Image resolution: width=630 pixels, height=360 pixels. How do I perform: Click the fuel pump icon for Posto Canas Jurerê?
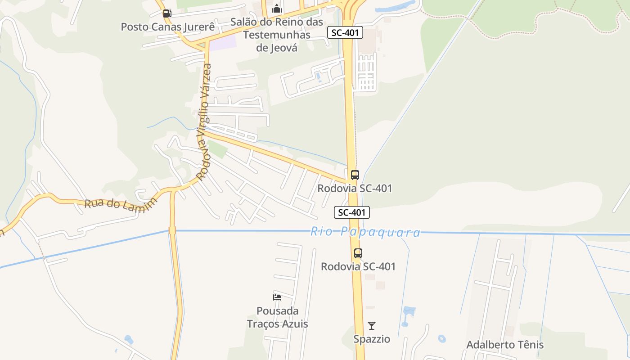pos(167,13)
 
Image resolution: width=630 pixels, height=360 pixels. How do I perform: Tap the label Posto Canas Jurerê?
pos(167,27)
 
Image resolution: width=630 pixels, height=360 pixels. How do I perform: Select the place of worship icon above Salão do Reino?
pos(276,9)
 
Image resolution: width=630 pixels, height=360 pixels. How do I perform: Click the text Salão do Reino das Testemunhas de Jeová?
pos(277,35)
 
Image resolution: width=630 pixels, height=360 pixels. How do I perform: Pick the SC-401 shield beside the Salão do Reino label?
pos(345,32)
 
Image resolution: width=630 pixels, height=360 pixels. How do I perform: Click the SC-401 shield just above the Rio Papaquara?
pos(352,212)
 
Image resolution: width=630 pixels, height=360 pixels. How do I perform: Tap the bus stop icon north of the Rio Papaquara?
pos(355,175)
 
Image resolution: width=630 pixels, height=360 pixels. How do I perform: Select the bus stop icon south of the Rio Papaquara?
pos(358,253)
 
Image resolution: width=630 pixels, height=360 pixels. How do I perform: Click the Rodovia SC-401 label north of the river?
pos(355,188)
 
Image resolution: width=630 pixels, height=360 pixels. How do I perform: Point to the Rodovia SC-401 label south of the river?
pos(358,266)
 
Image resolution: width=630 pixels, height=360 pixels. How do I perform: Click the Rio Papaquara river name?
pos(365,232)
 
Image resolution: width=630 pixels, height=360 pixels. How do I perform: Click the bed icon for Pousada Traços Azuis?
pos(277,297)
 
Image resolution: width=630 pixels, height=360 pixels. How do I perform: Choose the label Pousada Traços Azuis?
pos(277,317)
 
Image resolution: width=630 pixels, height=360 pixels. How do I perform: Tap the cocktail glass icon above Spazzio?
pos(372,326)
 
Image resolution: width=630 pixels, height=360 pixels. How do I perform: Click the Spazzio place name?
pos(372,339)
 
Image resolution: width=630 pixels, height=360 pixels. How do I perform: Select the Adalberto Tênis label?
pos(505,345)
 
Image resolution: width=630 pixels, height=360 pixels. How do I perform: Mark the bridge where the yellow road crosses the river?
pos(172,230)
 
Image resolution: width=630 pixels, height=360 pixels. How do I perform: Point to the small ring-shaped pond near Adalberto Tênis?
pos(441,338)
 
